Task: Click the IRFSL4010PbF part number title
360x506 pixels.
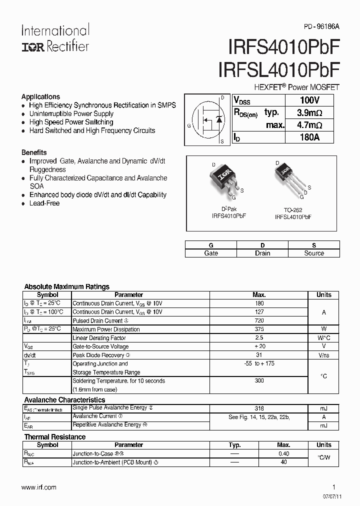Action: coord(278,69)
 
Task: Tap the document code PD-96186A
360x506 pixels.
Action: coord(321,29)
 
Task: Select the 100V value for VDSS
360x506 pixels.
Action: coord(309,100)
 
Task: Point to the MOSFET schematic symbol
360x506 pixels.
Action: coord(206,119)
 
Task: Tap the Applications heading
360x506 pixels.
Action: coord(40,96)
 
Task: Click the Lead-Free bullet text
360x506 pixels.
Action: coord(44,203)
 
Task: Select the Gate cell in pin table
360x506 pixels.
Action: coord(211,253)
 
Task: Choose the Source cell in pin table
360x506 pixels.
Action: coord(314,253)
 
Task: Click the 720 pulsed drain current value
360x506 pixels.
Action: coord(259,320)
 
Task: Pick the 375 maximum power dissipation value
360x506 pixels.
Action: coord(259,329)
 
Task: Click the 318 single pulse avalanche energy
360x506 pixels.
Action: coord(259,408)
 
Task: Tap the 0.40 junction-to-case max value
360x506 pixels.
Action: coord(283,454)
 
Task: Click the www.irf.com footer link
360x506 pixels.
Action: coord(39,487)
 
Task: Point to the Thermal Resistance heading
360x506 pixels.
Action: coord(55,436)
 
